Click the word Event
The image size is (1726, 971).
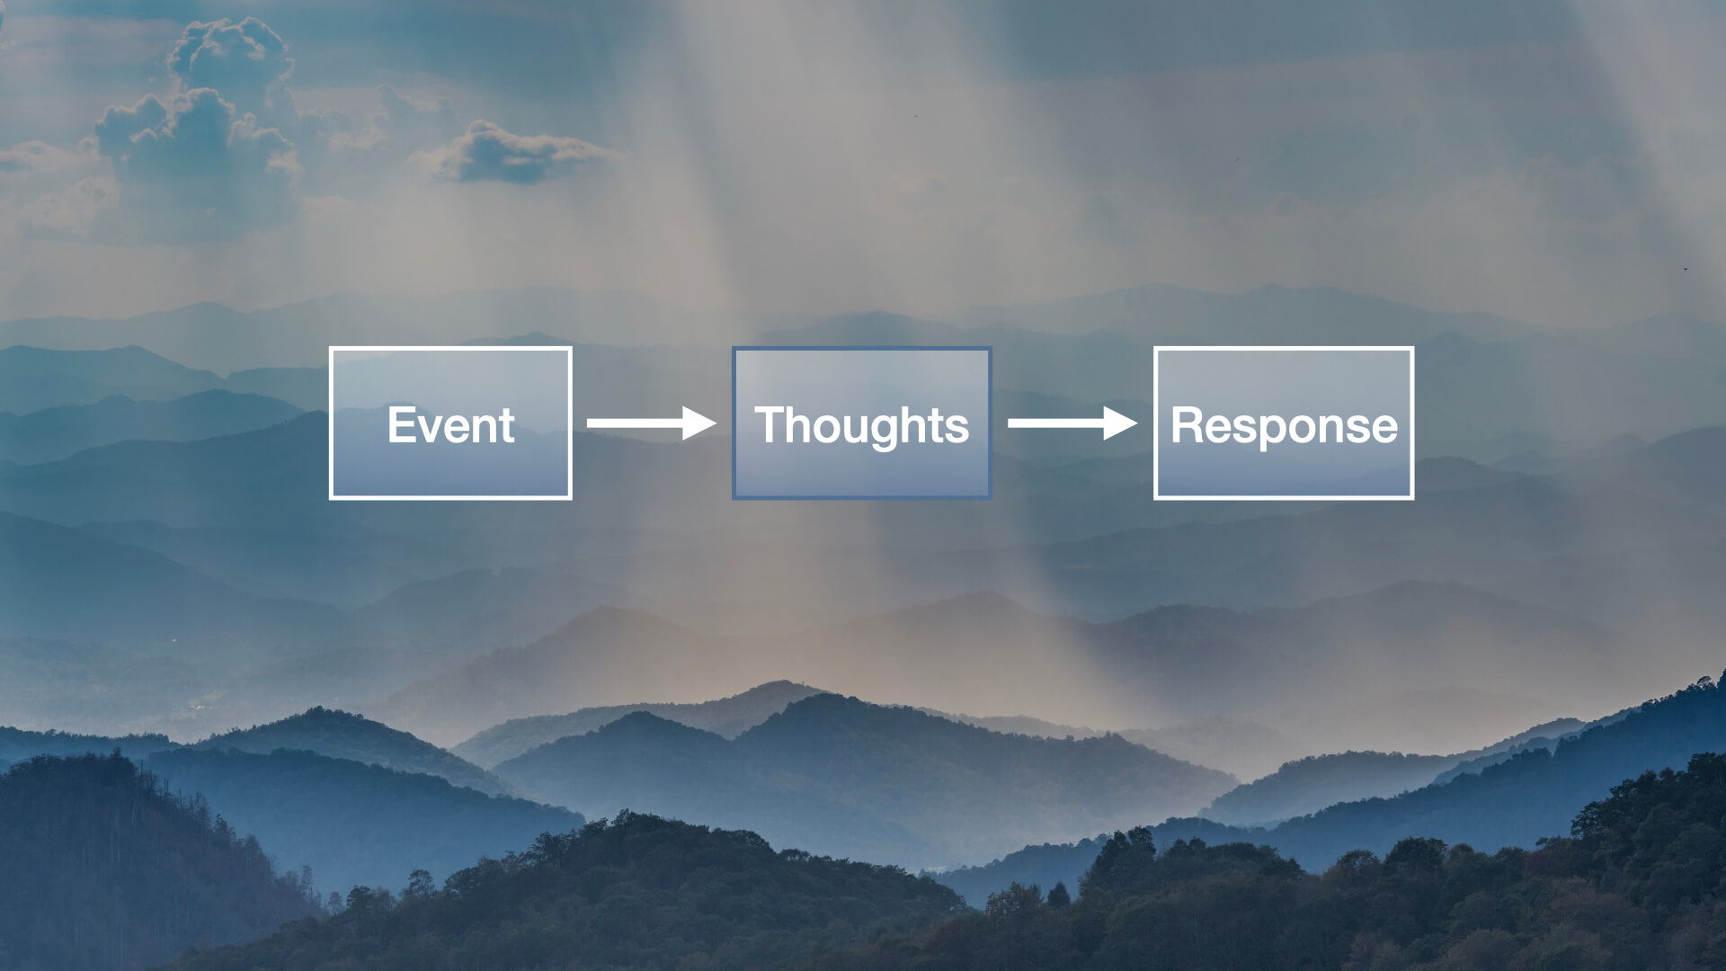tap(450, 424)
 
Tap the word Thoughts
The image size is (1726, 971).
tap(861, 424)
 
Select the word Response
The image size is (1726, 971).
tap(1284, 424)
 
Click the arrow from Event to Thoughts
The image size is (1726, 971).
tap(649, 423)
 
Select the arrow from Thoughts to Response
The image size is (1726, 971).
tap(1071, 423)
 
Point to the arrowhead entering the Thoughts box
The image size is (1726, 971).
tap(698, 423)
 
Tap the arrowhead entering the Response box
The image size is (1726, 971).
tap(1120, 423)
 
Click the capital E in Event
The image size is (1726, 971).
tap(400, 424)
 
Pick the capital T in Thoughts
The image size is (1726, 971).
tap(770, 424)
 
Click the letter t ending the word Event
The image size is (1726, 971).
tap(507, 425)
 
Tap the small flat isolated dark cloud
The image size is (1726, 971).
tap(512, 155)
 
